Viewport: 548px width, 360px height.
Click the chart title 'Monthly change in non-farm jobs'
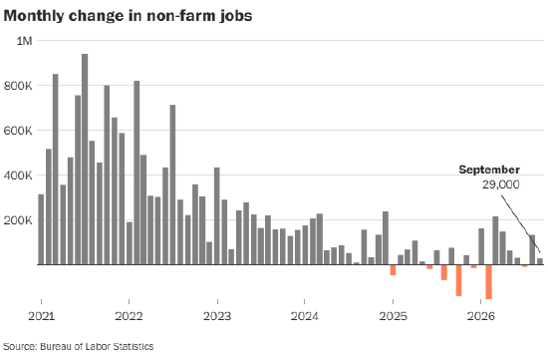click(128, 16)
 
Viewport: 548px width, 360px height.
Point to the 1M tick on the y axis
click(24, 41)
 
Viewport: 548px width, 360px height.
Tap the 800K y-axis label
click(18, 86)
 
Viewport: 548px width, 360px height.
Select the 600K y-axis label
click(18, 131)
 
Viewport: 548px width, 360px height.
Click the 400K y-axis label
click(18, 176)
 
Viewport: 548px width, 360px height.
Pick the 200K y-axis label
click(18, 220)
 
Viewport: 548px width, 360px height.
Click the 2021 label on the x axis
click(41, 316)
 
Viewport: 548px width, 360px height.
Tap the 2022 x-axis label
click(129, 316)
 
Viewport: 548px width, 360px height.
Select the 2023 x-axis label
click(217, 316)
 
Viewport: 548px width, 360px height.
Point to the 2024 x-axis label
click(305, 316)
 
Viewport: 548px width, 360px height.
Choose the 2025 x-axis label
click(394, 316)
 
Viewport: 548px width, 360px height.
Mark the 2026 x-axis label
click(481, 316)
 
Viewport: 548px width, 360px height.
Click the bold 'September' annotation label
click(489, 171)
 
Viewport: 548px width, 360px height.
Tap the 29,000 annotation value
click(501, 184)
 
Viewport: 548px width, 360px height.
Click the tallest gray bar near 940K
click(85, 160)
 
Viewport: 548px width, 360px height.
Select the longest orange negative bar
click(488, 282)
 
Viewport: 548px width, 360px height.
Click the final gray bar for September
click(540, 261)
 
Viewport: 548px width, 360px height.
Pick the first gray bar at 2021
click(41, 229)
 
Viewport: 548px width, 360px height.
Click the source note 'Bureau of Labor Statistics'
click(97, 346)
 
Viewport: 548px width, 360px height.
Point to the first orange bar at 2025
click(393, 269)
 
